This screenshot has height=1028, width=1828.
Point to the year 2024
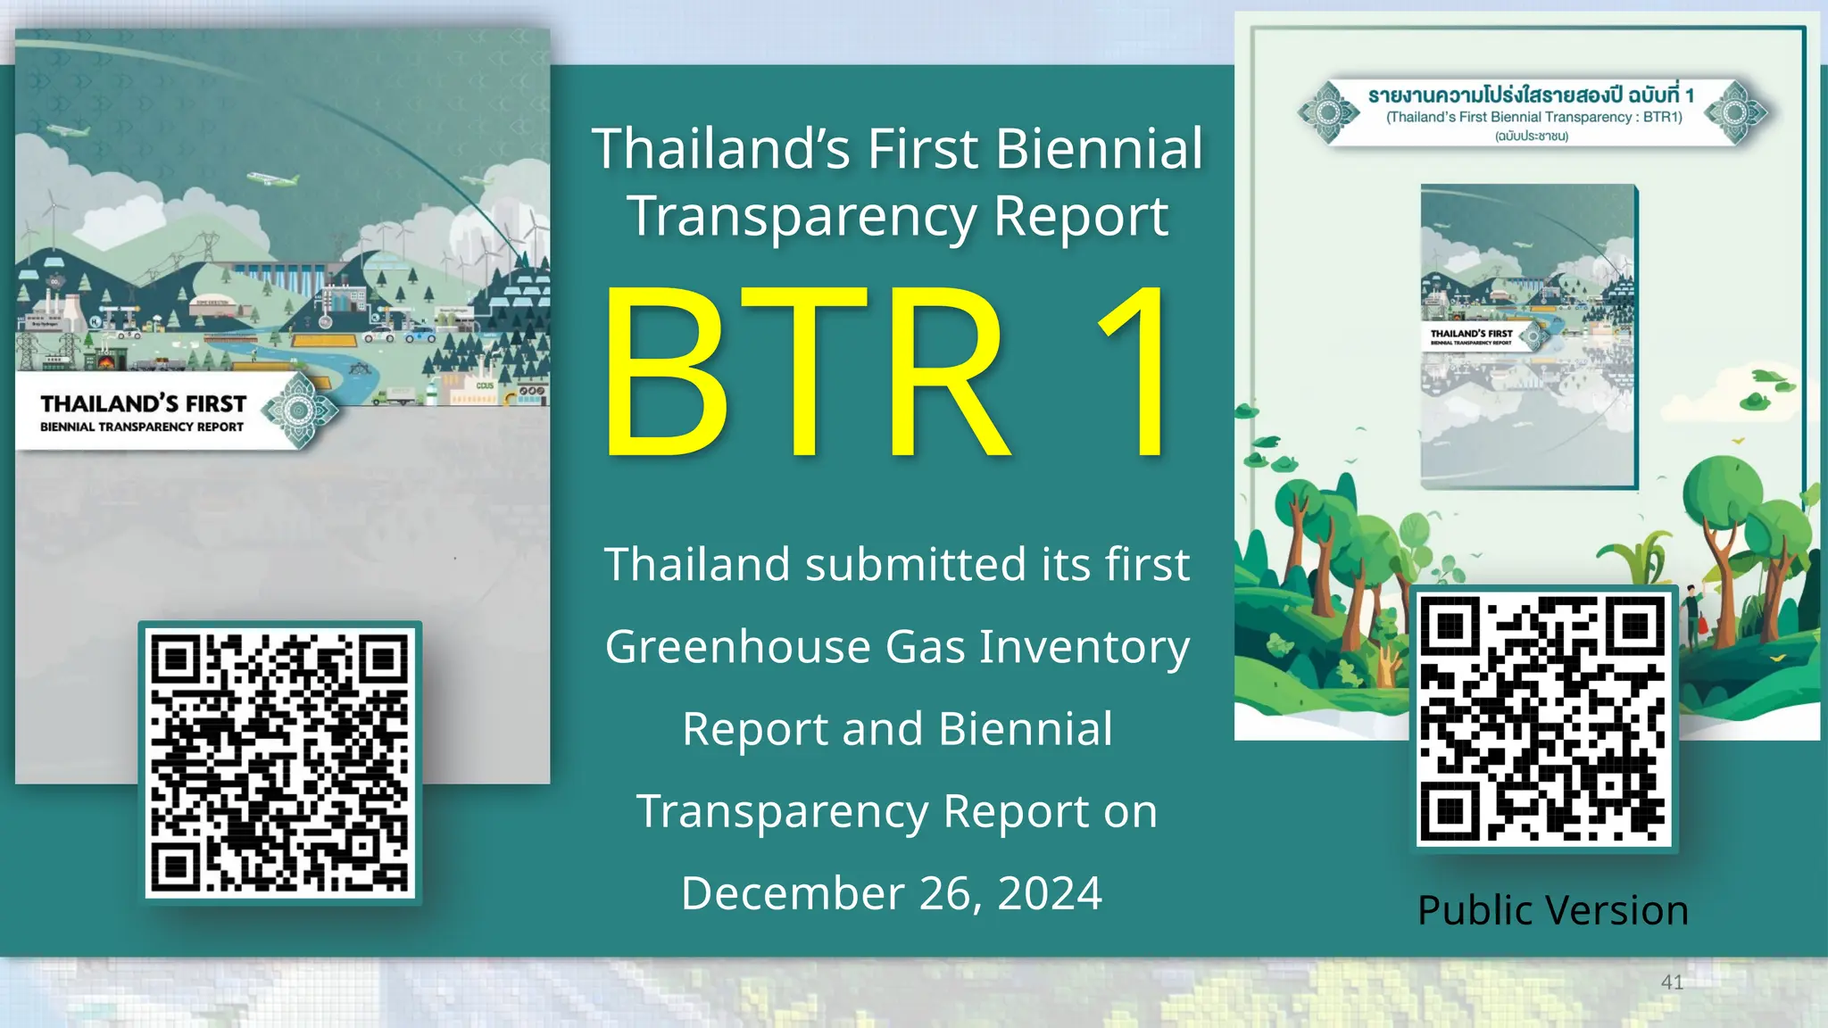pyautogui.click(x=1050, y=893)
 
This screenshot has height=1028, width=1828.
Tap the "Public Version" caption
pyautogui.click(x=1552, y=911)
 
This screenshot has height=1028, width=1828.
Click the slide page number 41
pyautogui.click(x=1672, y=982)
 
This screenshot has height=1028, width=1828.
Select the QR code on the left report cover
pyautogui.click(x=280, y=763)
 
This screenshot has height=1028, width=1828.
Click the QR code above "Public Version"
pyautogui.click(x=1543, y=719)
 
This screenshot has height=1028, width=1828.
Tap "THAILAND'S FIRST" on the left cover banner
pyautogui.click(x=143, y=404)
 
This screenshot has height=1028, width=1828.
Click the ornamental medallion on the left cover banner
pyautogui.click(x=300, y=411)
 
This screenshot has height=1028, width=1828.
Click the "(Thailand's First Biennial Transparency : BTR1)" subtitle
pyautogui.click(x=1533, y=117)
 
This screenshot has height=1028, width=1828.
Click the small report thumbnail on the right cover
pyautogui.click(x=1528, y=336)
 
